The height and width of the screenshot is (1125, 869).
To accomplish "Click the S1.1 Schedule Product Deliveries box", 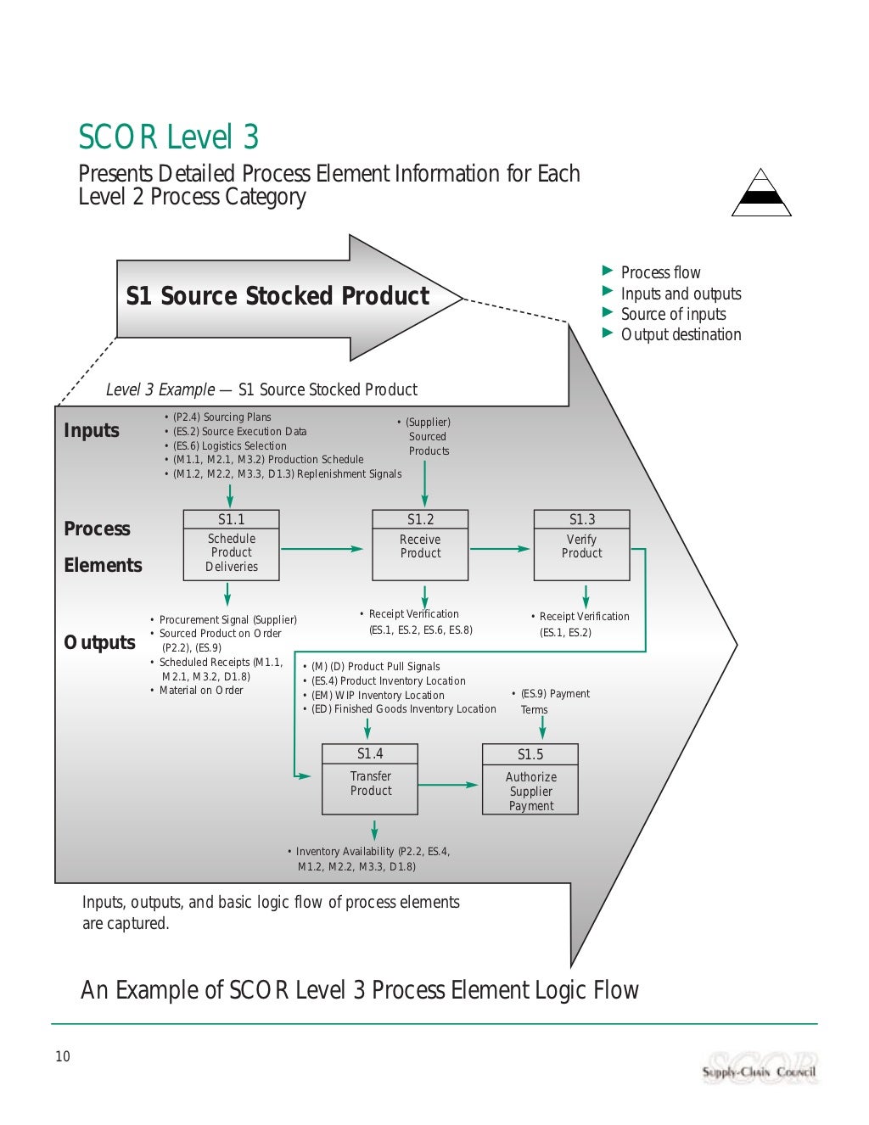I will pos(231,545).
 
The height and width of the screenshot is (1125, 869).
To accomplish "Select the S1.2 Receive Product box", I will pos(420,545).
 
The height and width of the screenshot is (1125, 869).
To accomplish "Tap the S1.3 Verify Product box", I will pos(581,545).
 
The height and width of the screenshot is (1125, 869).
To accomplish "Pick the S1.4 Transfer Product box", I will pos(370,779).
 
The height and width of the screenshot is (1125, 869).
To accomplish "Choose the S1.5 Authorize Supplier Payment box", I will pos(530,780).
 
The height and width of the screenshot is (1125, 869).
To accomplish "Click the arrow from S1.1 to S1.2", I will pos(322,549).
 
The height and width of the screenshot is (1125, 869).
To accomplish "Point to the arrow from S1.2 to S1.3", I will pos(500,549).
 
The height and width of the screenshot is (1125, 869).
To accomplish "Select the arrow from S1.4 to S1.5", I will pos(449,785).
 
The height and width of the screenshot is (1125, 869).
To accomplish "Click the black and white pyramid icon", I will pos(761,193).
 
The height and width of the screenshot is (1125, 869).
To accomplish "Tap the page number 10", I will pos(63,1056).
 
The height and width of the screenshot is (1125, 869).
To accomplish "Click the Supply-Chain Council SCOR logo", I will pos(760,1068).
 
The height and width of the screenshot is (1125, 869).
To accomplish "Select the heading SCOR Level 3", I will pos(169,137).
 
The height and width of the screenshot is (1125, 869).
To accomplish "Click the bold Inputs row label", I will pos(92,430).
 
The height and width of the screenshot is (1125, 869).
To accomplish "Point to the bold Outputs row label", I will pos(99,642).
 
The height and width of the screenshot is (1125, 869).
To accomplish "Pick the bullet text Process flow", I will pos(660,272).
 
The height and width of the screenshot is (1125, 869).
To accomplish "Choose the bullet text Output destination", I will pos(681,334).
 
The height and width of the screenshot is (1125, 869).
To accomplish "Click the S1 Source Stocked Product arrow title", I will pos(278,296).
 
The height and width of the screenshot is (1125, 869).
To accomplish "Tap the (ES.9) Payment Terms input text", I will pos(552,702).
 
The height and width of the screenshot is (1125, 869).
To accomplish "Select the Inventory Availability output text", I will pos(372,859).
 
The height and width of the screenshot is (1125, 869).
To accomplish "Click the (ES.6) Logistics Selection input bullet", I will pos(229,445).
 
